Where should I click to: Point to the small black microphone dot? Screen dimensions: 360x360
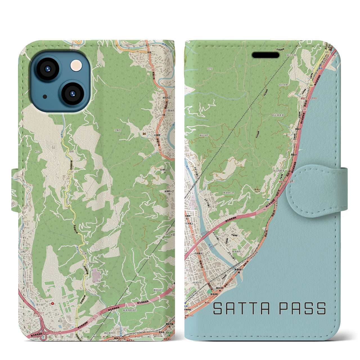pos(45,96)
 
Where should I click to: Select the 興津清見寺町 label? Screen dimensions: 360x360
pos(129,310)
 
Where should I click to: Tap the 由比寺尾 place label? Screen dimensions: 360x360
pos(283,85)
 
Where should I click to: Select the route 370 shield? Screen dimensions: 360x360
pos(327,52)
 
